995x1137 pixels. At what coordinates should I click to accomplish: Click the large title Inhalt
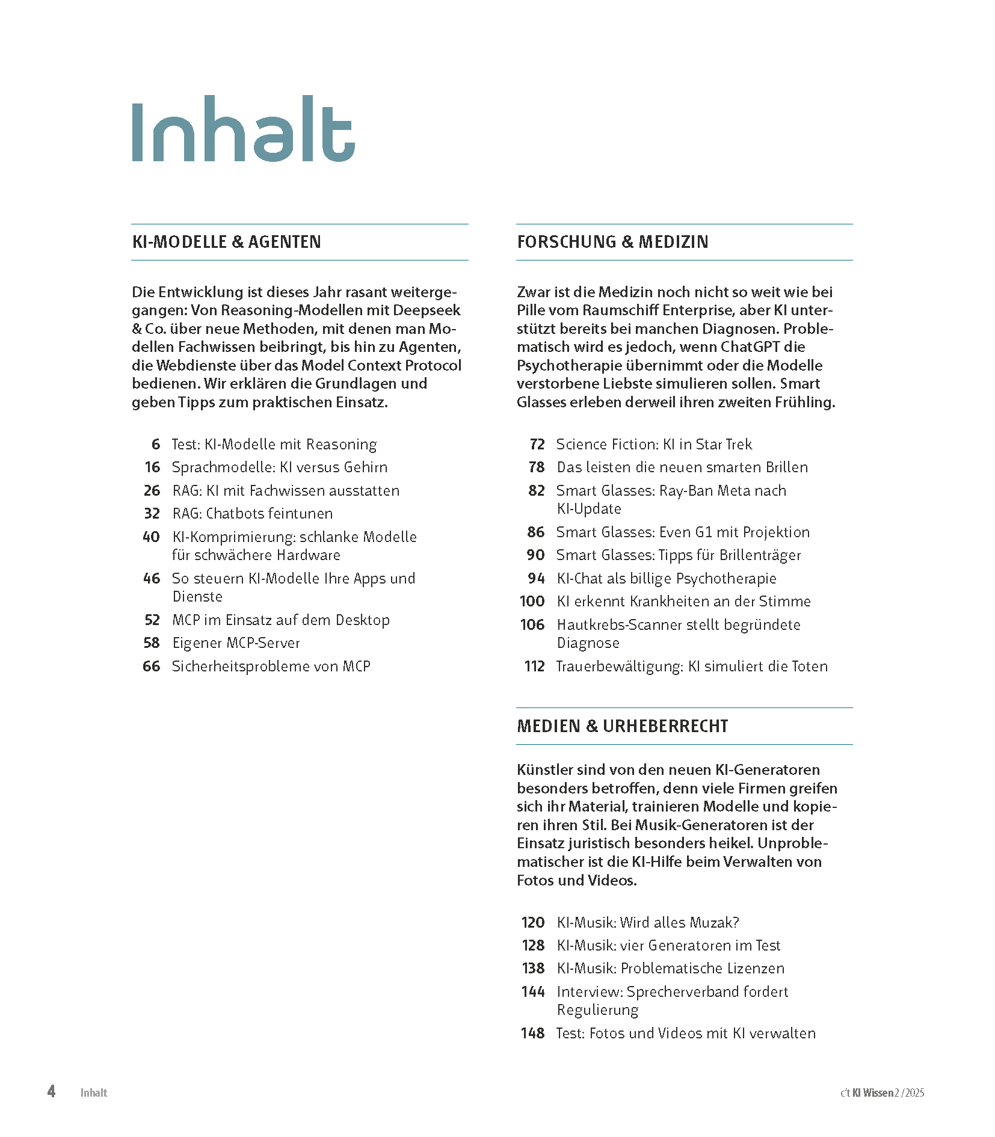pos(243,129)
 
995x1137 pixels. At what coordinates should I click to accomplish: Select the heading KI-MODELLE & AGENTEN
pos(226,242)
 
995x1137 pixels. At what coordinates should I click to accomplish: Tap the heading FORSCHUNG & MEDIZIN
pos(612,242)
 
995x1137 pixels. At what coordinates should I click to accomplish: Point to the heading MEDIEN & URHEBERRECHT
pos(622,726)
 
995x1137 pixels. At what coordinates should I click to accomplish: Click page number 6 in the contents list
pos(156,445)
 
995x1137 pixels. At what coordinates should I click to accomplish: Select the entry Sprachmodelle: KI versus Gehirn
pos(279,467)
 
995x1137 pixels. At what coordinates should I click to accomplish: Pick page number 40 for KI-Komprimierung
pos(151,537)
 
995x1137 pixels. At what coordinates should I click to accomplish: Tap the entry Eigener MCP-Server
pos(236,643)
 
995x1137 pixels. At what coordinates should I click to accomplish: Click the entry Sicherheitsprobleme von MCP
pos(271,667)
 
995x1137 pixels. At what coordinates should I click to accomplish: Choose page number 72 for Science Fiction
pos(537,445)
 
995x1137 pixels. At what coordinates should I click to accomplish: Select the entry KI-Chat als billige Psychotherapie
pos(666,579)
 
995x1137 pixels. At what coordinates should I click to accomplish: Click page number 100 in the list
pos(532,602)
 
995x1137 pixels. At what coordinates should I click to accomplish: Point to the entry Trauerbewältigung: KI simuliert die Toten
pos(692,667)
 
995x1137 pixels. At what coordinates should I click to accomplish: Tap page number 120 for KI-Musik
pos(532,923)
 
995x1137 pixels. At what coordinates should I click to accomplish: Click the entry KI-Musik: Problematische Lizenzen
pos(670,969)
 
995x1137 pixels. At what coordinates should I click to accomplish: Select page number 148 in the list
pos(532,1034)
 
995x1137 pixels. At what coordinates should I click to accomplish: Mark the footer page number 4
pos(52,1092)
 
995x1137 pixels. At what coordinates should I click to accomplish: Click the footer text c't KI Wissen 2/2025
pos(882,1093)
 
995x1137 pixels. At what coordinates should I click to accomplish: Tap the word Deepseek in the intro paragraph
pos(433,310)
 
